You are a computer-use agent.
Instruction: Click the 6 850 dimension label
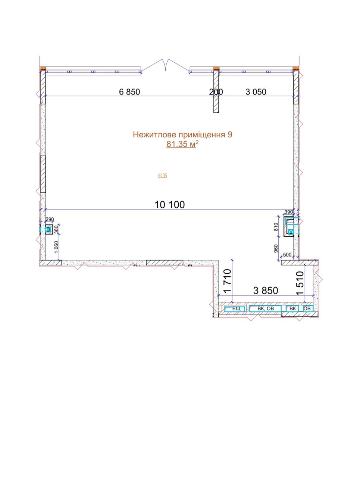click(129, 92)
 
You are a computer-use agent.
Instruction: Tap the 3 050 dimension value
click(256, 92)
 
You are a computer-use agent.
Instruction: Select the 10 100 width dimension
click(169, 205)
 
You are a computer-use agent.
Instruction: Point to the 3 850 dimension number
click(266, 290)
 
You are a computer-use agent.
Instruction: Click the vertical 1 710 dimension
click(227, 281)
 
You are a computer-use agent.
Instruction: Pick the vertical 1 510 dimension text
click(300, 283)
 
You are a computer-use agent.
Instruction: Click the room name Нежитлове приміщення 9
click(182, 134)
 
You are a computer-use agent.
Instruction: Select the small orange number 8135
click(163, 176)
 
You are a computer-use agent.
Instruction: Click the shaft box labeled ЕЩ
click(235, 308)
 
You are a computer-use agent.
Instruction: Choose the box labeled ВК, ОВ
click(265, 308)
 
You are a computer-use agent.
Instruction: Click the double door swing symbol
click(165, 65)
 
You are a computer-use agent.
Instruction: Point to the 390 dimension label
click(289, 211)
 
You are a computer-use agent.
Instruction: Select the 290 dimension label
click(50, 219)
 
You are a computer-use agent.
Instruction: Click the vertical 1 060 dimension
click(56, 247)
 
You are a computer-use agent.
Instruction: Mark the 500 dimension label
click(288, 255)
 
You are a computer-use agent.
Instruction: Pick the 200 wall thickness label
click(216, 92)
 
